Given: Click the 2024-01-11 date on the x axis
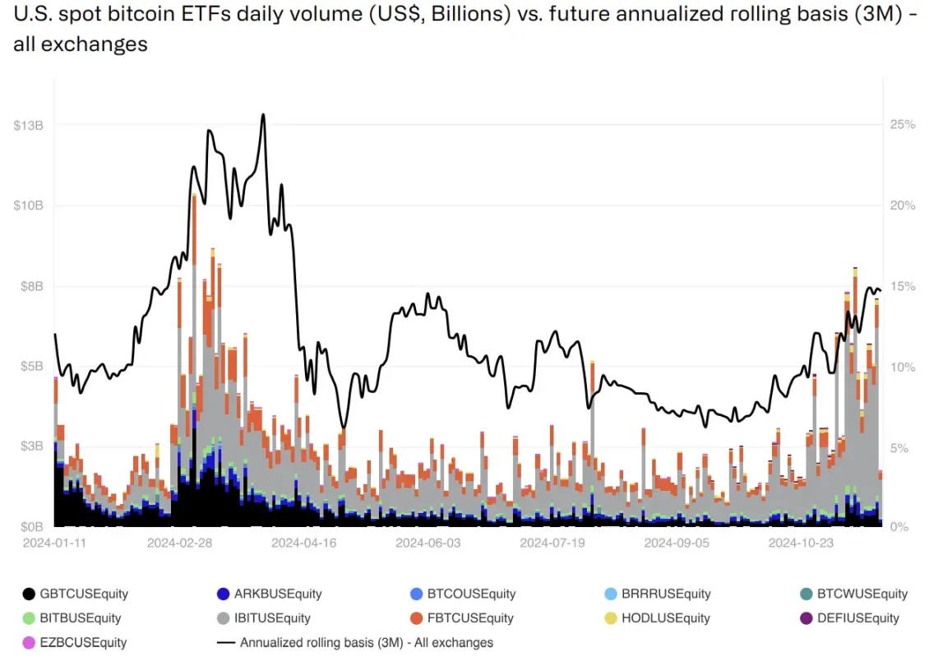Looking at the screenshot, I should pos(54,543).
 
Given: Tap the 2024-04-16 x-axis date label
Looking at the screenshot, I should pos(303,543).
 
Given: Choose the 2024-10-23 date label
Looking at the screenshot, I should pos(799,543).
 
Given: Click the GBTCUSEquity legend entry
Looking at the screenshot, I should pos(74,594).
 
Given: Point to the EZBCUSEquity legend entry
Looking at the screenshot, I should pos(74,643).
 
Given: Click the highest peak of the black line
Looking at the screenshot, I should pos(263,114).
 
